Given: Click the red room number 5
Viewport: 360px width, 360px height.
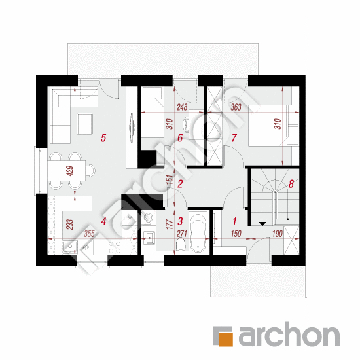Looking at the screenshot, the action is coord(103,138).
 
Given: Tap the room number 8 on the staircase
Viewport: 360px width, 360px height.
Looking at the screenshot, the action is coord(291,184).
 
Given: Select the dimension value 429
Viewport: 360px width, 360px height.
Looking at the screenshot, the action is coord(71,171).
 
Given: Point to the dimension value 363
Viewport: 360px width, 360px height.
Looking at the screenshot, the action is coord(236,107).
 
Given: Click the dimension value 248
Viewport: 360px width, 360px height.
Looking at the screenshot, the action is coord(182,107).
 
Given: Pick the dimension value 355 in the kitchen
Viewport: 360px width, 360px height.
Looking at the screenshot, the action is coord(89,234).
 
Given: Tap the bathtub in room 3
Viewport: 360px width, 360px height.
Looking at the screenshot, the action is coord(199,233).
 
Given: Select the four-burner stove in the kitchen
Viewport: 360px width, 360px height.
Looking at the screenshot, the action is coord(115,247).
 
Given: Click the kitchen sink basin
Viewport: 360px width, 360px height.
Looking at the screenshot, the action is coord(70,247).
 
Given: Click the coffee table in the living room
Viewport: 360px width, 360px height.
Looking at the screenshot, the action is coord(85,124).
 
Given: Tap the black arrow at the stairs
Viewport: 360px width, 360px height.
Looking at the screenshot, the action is coord(262,224).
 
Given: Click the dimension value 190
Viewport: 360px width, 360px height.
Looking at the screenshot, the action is coord(277,234).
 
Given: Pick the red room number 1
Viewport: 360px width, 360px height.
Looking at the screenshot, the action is coord(234,221).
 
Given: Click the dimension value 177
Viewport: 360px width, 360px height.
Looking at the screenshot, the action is coord(170,225).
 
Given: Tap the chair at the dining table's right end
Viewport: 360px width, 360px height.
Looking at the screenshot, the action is coord(91,170).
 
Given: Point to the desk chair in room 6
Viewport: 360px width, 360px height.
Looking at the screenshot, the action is coord(185,125).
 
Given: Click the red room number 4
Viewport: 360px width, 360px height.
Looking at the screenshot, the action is coord(103,221).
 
